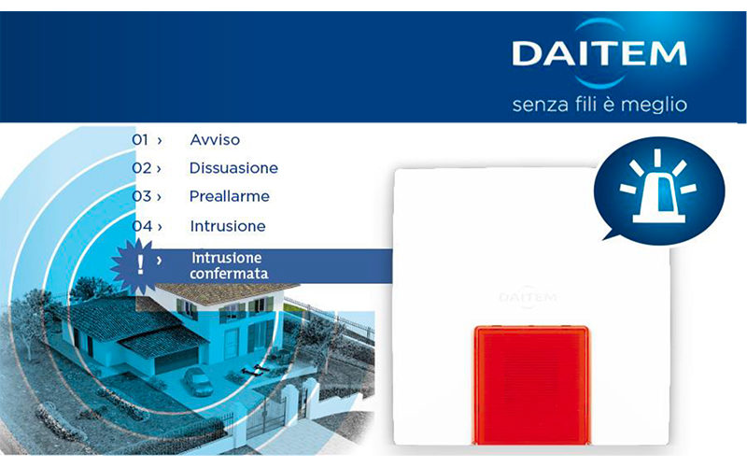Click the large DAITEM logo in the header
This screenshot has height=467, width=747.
click(599, 53)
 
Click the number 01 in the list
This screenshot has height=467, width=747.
click(140, 139)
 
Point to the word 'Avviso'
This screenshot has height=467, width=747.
click(215, 139)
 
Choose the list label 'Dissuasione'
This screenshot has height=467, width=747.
click(233, 168)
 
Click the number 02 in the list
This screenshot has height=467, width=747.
click(142, 168)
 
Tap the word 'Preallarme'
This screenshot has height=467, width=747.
click(229, 196)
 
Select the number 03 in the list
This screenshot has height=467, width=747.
click(142, 196)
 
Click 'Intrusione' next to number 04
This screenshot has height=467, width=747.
click(228, 226)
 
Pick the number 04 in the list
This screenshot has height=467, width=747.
click(142, 226)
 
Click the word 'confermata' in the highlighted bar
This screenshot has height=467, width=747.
click(229, 275)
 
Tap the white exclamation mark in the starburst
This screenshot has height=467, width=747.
click(139, 265)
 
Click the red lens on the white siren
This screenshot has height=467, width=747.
click(531, 385)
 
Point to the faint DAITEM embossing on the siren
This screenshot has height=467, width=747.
click(528, 298)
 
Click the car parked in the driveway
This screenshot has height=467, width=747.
click(198, 381)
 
